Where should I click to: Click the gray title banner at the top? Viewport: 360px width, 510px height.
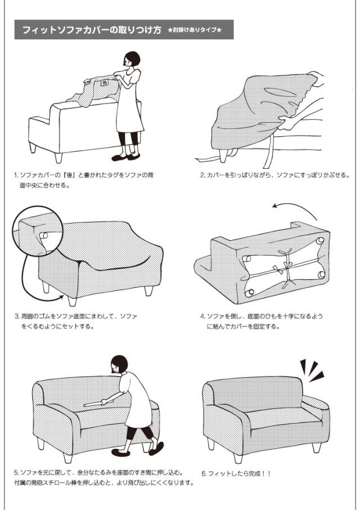point(124,30)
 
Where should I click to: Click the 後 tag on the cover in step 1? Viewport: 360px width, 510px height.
point(104,83)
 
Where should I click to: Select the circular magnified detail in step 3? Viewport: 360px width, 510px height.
point(38,231)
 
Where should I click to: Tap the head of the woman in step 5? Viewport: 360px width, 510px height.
point(119,364)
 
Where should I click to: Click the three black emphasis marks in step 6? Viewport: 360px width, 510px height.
point(311,370)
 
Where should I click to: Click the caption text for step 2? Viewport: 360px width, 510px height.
point(275,175)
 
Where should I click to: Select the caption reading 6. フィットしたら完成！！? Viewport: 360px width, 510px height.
point(236,473)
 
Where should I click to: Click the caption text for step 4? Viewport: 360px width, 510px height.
point(262,321)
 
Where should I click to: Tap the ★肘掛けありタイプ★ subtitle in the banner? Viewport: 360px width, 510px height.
point(195,30)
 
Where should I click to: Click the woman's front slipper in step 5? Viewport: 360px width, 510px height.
point(120,453)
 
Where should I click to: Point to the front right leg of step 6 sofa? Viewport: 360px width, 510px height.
point(317,447)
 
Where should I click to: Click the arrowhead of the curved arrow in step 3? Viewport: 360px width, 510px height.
point(61,296)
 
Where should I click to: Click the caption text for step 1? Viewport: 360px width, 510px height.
point(84,180)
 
